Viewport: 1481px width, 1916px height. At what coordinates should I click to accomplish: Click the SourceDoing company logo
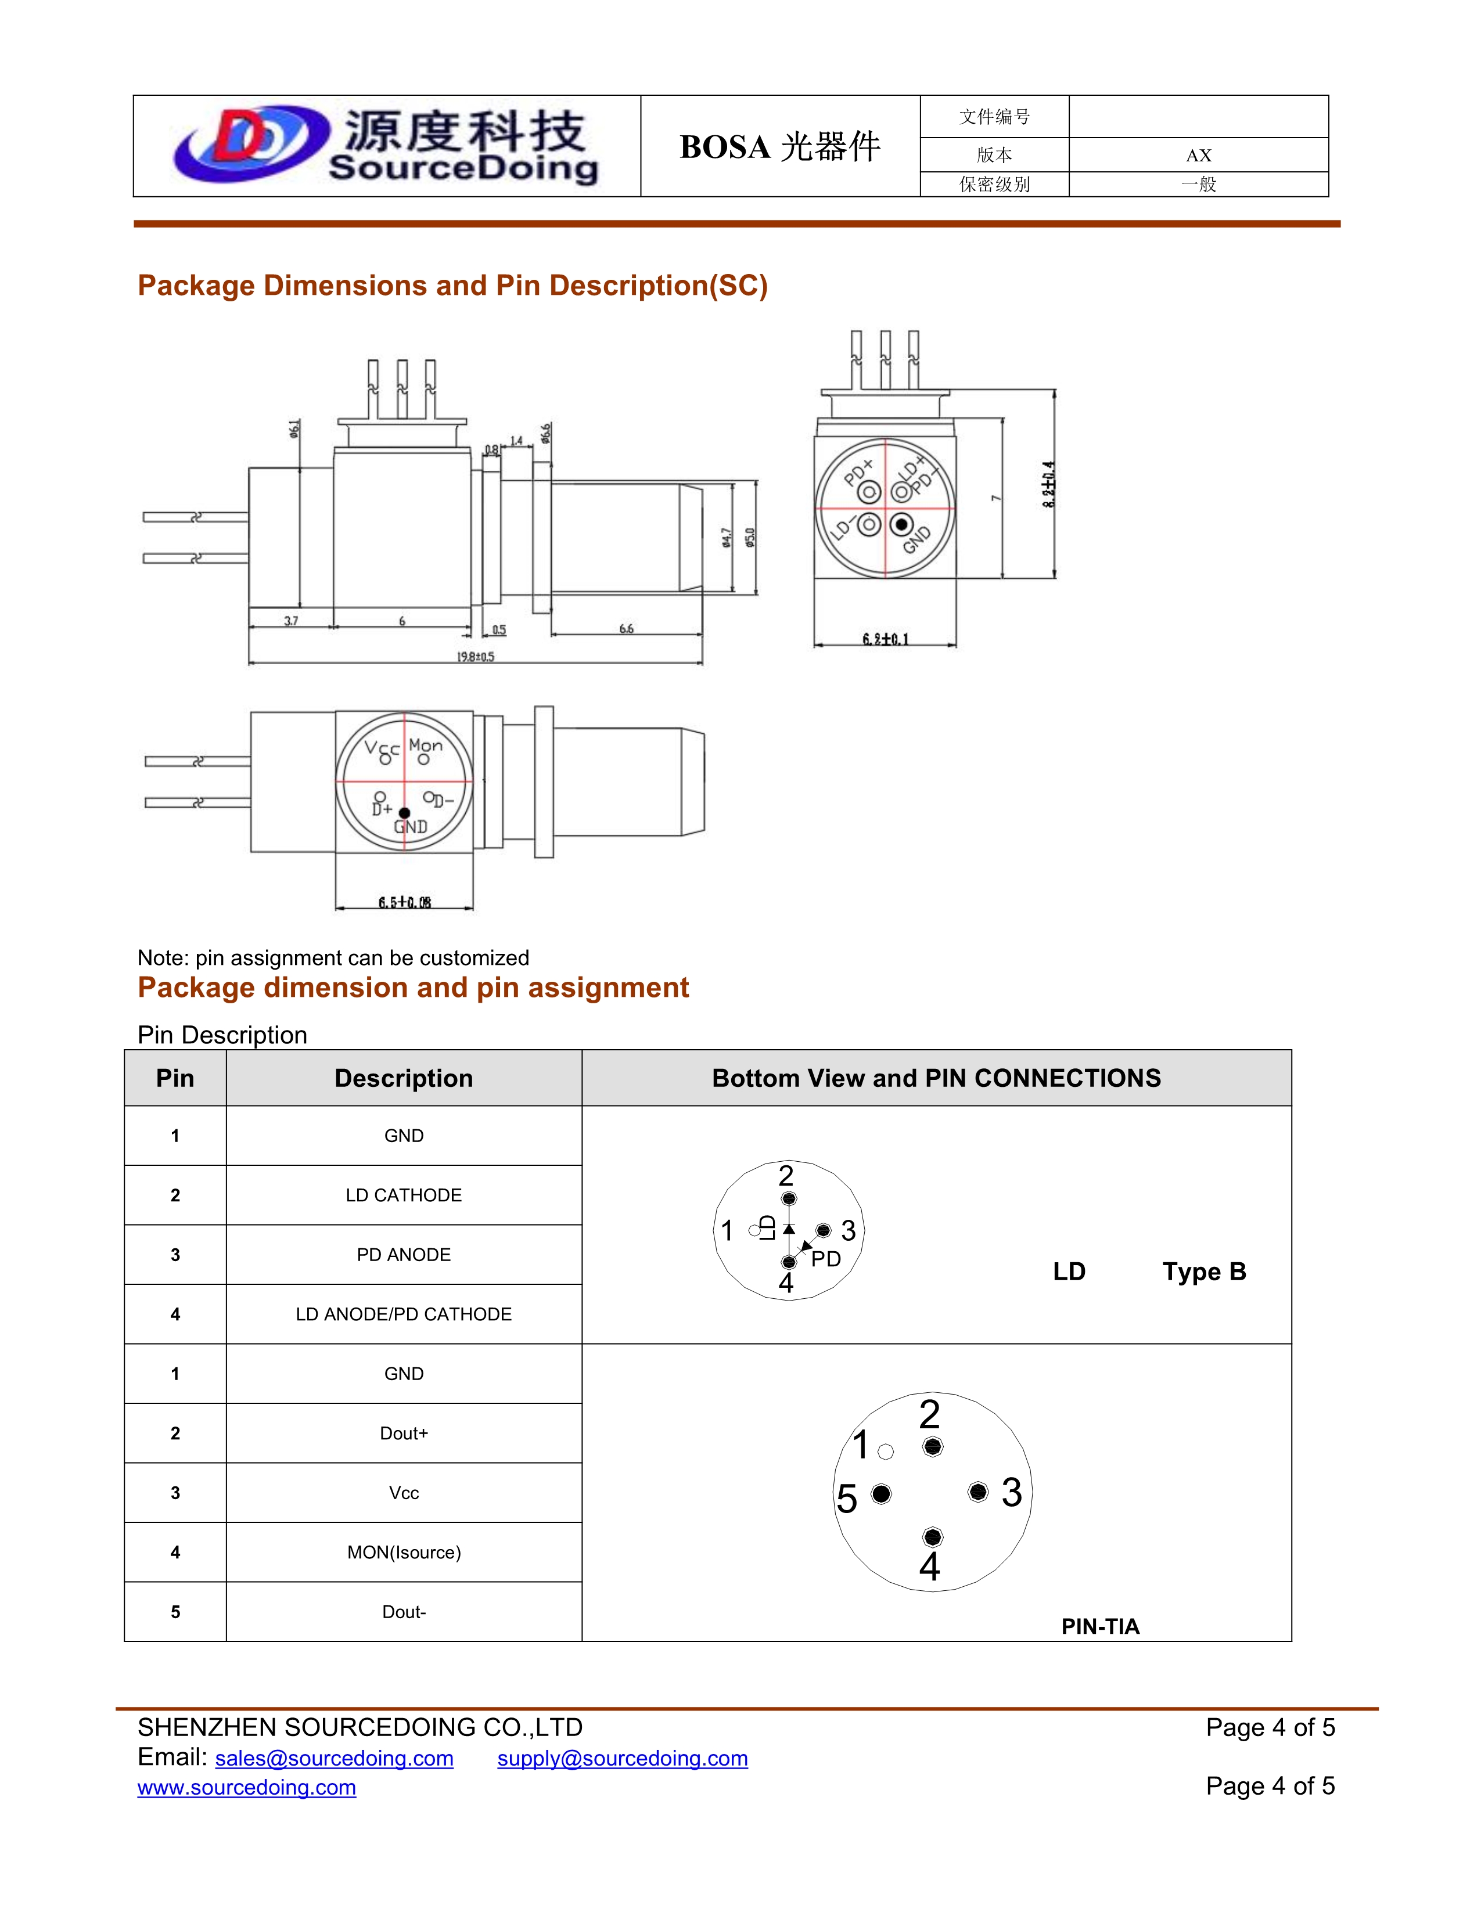[386, 146]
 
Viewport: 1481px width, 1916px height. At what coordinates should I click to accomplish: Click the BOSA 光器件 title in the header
[779, 146]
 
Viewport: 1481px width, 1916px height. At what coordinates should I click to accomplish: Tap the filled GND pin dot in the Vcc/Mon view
[404, 813]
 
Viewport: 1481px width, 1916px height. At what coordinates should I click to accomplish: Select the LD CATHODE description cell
[404, 1195]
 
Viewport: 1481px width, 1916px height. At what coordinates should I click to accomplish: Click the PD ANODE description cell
[404, 1255]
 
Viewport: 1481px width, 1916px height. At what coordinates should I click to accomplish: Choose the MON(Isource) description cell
[404, 1552]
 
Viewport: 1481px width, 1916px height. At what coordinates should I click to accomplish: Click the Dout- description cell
[404, 1612]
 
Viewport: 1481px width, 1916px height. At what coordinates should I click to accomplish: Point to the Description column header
[404, 1078]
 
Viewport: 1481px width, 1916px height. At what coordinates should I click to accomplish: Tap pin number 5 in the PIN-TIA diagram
[847, 1499]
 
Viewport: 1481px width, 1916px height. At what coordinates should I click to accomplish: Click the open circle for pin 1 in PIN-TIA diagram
[885, 1452]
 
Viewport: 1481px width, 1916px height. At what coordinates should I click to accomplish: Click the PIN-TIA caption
[1100, 1626]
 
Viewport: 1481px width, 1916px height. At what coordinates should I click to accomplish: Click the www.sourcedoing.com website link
[246, 1787]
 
